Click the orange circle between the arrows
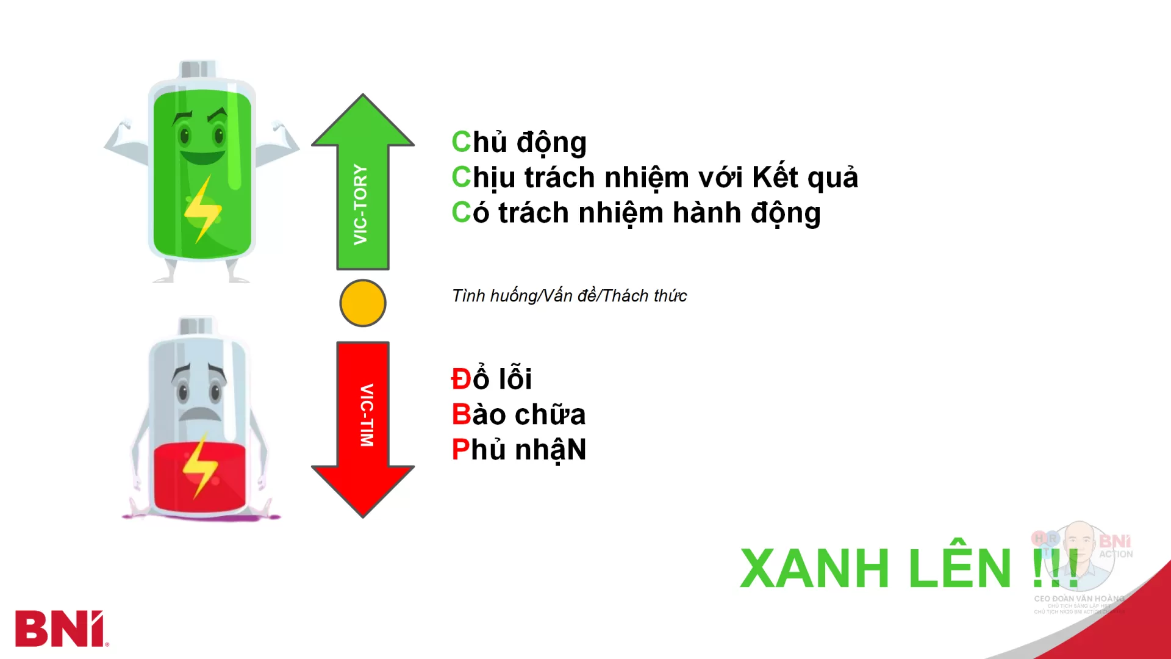tap(363, 303)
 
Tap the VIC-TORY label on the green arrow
tap(361, 205)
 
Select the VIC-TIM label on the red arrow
tap(366, 415)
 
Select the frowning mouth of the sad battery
tap(200, 414)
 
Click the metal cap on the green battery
tap(198, 69)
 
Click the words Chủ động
tap(519, 142)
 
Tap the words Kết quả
tap(804, 178)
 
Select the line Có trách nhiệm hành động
tap(636, 213)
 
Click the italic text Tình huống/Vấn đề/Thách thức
tap(569, 296)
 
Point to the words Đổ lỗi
tap(492, 379)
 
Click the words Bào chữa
tap(518, 414)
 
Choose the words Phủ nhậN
tap(519, 450)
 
